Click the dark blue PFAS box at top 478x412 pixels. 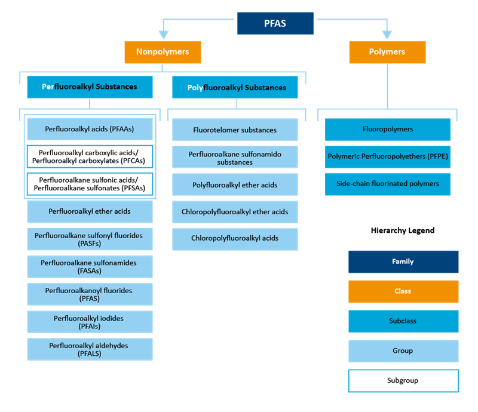[x=275, y=23]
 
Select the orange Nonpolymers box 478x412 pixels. [x=163, y=52]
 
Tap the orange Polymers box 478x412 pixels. [x=387, y=52]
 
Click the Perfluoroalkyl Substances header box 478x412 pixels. [x=90, y=87]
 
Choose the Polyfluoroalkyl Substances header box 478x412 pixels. [x=237, y=87]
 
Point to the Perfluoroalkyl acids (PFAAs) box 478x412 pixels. [x=90, y=128]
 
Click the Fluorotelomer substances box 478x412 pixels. [x=235, y=130]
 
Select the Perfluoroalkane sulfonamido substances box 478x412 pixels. [x=235, y=158]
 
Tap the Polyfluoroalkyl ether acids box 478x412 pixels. [x=235, y=185]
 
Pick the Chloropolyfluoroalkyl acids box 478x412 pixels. [x=235, y=238]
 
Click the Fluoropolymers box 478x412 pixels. [x=388, y=129]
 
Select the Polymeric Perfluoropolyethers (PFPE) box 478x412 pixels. [x=388, y=156]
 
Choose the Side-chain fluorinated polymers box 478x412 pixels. [x=388, y=184]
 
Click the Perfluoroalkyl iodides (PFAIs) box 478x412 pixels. [x=90, y=322]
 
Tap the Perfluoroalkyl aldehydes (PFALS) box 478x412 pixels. [x=90, y=349]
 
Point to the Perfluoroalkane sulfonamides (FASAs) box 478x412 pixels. [x=90, y=266]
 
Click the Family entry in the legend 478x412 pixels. [x=403, y=262]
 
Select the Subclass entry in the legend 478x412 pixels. [x=403, y=321]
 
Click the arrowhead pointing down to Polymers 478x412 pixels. [x=387, y=35]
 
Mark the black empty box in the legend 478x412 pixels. [x=403, y=381]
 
